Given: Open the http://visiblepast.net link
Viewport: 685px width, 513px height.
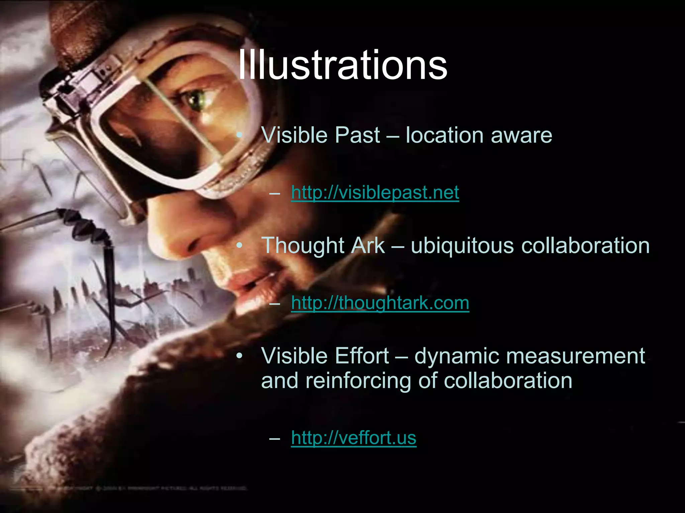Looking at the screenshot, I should (375, 193).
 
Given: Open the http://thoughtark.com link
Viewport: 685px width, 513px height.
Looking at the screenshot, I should (380, 303).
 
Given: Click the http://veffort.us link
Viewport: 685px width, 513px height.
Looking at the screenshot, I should (354, 438).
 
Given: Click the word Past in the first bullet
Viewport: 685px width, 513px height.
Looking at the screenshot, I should (357, 135).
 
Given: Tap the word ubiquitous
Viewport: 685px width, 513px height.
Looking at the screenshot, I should (462, 245).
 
